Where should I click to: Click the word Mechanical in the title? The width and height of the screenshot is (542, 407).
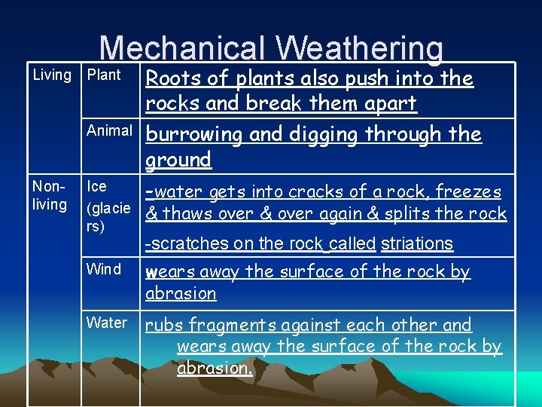click(x=181, y=49)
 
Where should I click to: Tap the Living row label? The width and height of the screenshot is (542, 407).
click(x=52, y=75)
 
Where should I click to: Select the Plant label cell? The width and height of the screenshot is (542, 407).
click(x=104, y=75)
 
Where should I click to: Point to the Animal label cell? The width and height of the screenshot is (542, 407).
click(x=109, y=131)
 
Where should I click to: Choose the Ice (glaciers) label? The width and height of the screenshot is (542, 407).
click(x=108, y=206)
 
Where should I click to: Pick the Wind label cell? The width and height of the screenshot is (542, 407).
click(x=104, y=269)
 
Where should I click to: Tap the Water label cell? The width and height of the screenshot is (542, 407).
click(x=107, y=323)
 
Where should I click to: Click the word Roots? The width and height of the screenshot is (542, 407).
click(x=169, y=78)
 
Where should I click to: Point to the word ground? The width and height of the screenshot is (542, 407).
click(x=178, y=160)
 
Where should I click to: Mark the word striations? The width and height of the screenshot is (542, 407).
click(x=417, y=243)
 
